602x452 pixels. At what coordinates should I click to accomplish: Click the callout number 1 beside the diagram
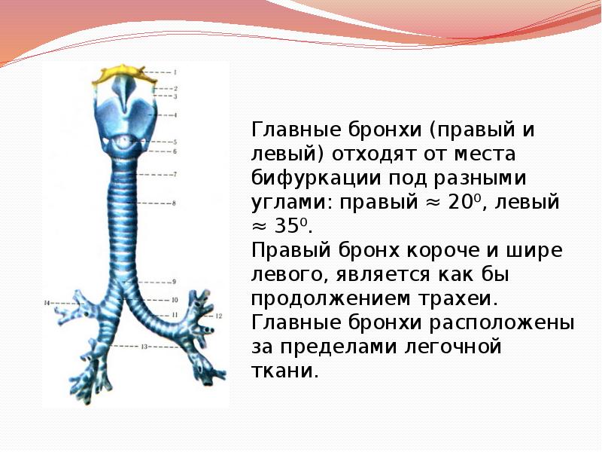(175, 72)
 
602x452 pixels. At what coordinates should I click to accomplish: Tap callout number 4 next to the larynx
(175, 115)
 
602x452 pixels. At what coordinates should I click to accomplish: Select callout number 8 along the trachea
(174, 203)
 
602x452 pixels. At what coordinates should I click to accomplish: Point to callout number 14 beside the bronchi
(46, 303)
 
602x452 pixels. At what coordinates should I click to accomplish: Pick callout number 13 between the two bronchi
(142, 347)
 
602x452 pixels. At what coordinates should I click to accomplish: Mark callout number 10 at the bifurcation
(174, 300)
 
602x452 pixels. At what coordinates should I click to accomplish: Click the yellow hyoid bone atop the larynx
(120, 73)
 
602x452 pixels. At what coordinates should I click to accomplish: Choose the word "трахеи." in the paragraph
(466, 299)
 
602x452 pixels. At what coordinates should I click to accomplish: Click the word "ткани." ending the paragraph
(284, 371)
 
